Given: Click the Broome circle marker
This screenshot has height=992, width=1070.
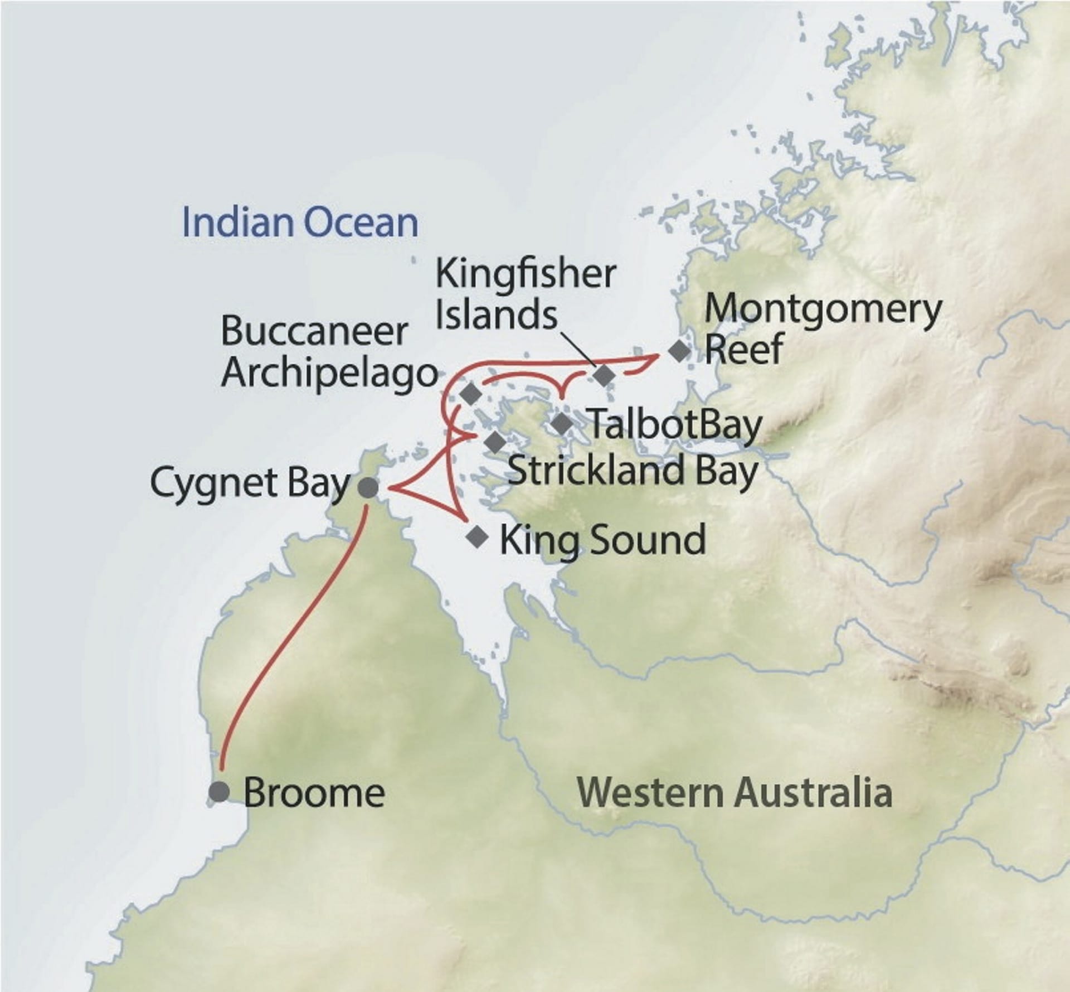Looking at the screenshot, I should click(219, 792).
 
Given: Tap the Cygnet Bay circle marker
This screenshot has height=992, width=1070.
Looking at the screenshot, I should click(367, 488).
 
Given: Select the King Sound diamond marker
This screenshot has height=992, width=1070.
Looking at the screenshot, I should click(476, 537).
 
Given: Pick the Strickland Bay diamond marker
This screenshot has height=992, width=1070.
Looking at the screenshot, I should click(495, 443).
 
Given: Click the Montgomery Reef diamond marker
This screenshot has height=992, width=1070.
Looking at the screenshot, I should click(679, 351).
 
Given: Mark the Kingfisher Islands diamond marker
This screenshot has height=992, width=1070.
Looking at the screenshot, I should click(604, 375).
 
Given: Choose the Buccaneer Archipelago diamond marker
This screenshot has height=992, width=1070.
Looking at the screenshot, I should click(471, 394).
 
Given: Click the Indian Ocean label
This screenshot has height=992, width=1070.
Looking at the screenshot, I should click(300, 222).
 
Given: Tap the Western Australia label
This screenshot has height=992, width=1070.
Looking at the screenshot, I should click(734, 792).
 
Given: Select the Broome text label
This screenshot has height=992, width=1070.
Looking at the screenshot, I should click(314, 792).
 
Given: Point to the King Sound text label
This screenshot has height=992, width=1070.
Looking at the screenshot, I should click(602, 539).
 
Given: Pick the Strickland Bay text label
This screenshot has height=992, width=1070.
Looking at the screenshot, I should click(633, 470).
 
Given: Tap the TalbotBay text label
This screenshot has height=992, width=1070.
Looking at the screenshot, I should click(675, 425).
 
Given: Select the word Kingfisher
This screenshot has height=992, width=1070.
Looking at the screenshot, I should click(525, 274).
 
